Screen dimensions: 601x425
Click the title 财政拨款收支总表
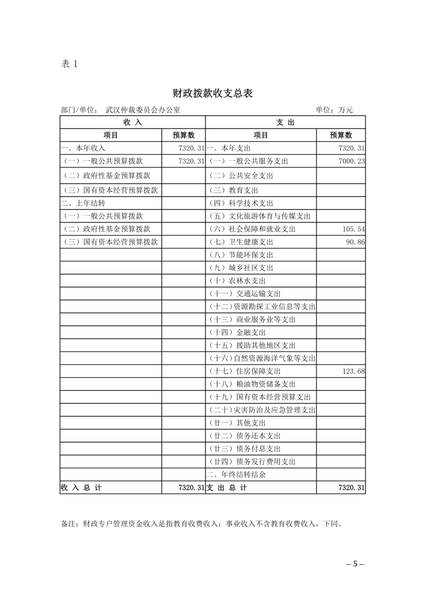coord(212,93)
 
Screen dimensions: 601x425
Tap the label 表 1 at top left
coord(70,64)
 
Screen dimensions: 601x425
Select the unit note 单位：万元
coord(334,110)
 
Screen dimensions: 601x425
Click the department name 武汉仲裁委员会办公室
coord(143,110)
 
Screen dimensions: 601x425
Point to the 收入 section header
coord(132,122)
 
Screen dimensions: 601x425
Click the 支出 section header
coord(285,122)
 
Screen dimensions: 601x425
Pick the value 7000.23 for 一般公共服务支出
coord(351,161)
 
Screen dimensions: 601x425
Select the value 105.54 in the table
coord(354,229)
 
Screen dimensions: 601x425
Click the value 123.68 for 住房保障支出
coord(354,371)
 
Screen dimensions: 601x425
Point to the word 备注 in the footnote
coord(68,524)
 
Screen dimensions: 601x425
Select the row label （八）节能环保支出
coord(241,255)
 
